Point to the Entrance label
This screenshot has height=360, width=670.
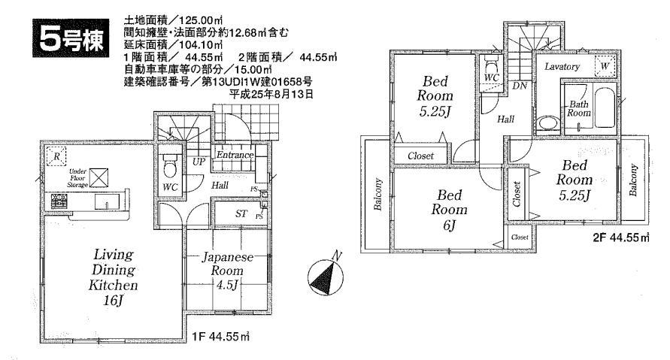click(x=235, y=155)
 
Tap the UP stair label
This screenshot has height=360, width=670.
click(x=200, y=162)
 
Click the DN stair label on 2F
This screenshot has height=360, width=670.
click(x=518, y=86)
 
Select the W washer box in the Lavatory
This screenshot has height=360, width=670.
click(x=605, y=66)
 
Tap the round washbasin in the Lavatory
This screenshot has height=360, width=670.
click(x=546, y=122)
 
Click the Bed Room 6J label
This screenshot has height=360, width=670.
click(x=446, y=210)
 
